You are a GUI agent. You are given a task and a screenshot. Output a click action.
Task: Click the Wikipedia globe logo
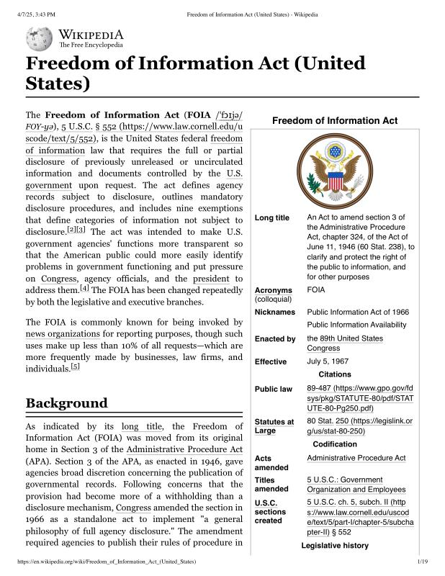39,38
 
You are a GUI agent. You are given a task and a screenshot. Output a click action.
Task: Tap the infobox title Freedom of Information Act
334,120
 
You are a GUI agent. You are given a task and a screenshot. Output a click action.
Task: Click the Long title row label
272,218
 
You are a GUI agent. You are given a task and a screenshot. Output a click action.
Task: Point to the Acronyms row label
274,291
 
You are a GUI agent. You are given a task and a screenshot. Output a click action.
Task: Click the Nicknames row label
275,312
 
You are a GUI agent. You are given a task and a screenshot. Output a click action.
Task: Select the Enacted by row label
275,338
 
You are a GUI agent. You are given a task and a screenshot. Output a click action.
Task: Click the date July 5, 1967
328,361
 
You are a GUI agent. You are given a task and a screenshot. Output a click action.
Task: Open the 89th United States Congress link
345,343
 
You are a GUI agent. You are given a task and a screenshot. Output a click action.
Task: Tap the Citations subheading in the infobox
334,374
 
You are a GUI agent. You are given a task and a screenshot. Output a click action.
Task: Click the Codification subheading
334,444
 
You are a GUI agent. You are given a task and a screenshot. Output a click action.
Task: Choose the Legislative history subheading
334,546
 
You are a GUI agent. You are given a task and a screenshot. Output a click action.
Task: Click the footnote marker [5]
75,366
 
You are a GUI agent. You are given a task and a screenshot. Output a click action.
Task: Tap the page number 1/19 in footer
423,560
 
